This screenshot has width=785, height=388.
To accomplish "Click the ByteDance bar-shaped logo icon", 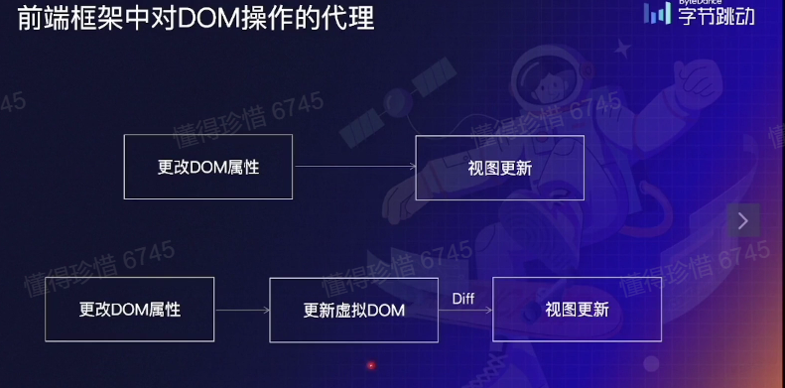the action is coord(658,13).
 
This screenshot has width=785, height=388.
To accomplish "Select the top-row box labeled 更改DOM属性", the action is coord(208,168).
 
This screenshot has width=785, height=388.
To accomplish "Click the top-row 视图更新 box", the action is coord(499,168).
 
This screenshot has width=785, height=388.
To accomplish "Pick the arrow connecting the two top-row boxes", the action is coord(354,168).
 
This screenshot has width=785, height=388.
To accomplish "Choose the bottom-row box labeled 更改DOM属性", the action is coord(130,310).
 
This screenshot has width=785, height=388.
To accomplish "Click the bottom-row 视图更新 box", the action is coord(577,310).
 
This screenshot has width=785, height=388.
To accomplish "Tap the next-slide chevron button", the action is coord(743,220).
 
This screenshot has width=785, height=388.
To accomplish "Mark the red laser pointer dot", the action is coord(371,365).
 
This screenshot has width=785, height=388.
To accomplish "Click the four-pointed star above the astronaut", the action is coord(622,46).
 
